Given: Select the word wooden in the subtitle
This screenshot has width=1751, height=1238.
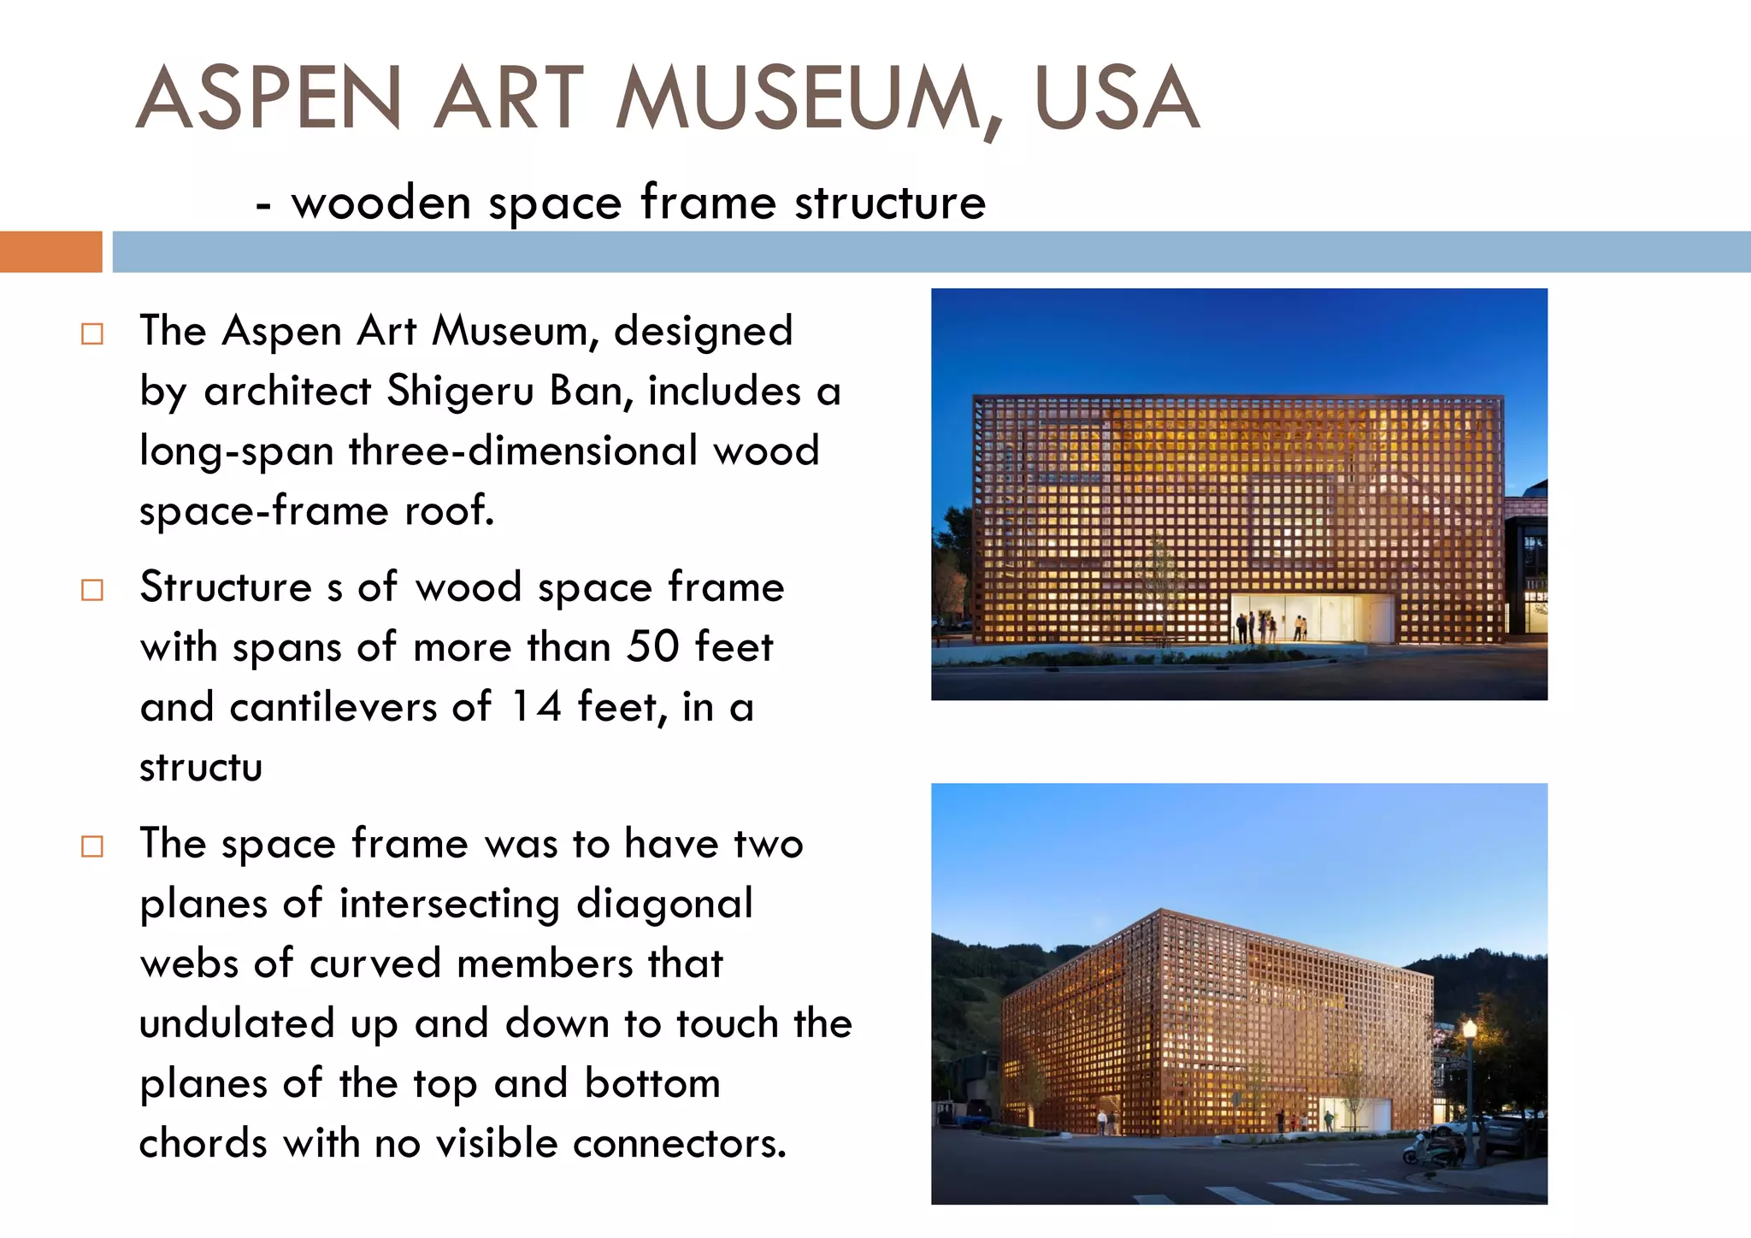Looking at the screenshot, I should [381, 203].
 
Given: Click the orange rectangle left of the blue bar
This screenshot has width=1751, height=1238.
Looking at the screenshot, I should [50, 251].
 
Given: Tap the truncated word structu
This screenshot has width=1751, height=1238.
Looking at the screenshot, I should [201, 768].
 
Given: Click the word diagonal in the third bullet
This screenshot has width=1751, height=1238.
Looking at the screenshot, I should [664, 905].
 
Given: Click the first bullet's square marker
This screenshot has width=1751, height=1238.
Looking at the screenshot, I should [92, 333].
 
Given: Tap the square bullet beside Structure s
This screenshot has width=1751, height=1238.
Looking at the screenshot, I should [92, 590].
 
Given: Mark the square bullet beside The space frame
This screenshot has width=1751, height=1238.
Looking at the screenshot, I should [92, 846].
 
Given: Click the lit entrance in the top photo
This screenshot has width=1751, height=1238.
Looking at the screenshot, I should [1312, 617].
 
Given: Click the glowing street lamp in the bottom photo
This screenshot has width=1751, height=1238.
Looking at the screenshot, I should [1470, 1029].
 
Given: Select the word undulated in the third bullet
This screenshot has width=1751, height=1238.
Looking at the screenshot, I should [237, 1024].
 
